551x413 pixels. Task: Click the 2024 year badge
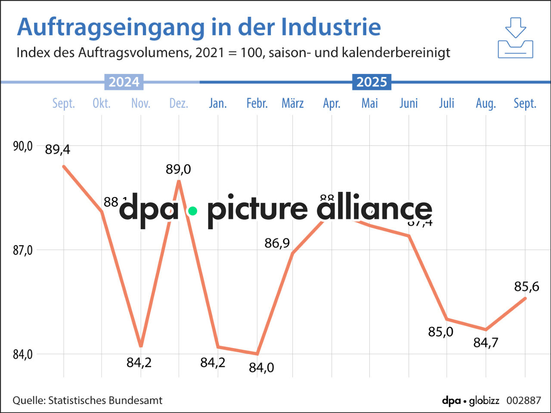pos(124,82)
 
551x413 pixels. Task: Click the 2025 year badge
pos(371,82)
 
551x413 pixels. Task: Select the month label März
pos(293,103)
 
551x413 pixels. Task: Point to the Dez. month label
pos(179,103)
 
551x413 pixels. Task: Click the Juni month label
pos(409,103)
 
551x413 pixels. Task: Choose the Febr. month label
pos(257,103)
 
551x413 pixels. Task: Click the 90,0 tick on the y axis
pos(22,146)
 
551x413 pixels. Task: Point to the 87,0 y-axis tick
pos(22,250)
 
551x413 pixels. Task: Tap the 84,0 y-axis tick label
pos(22,354)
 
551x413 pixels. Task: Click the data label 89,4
pos(57,150)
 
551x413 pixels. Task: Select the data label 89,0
pos(178,170)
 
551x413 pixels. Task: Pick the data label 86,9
pos(277,243)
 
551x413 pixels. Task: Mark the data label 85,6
pos(526,287)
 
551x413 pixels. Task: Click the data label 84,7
pos(486,343)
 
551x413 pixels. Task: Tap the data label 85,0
pos(440,332)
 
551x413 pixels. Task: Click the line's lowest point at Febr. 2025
pos(257,354)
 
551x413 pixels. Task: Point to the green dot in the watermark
pos(193,211)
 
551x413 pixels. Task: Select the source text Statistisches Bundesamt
pos(105,401)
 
